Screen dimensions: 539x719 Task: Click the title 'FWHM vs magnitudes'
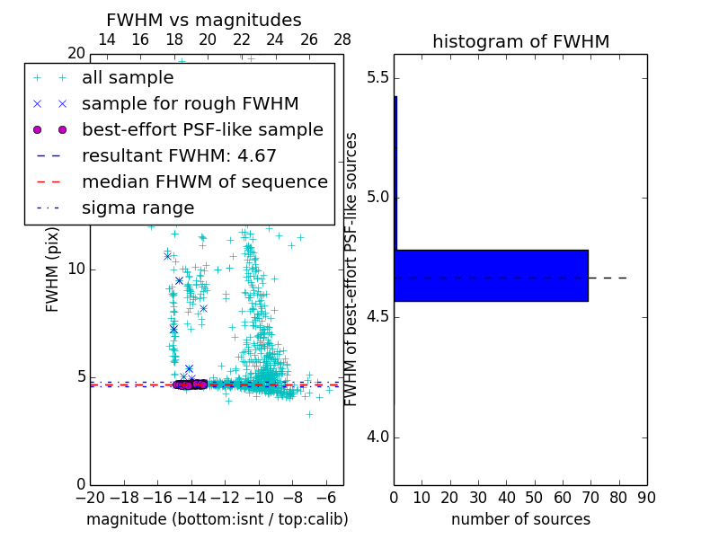point(204,20)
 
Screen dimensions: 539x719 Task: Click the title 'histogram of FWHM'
point(520,41)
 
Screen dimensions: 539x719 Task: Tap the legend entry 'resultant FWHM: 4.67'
point(179,156)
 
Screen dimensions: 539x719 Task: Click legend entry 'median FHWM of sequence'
point(204,182)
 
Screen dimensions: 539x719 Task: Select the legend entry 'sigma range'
point(138,208)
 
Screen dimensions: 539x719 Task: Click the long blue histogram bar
point(491,275)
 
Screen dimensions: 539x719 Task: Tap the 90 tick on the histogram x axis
point(646,498)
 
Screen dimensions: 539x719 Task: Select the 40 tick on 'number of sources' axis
point(506,498)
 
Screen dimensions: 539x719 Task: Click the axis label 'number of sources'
point(520,519)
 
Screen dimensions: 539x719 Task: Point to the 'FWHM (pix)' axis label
point(53,269)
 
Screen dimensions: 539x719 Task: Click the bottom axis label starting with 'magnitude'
point(217,519)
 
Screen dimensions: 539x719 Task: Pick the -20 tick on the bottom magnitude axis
point(90,498)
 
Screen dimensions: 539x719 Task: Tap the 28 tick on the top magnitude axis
point(342,40)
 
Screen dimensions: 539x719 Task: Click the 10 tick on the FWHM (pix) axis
point(75,269)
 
